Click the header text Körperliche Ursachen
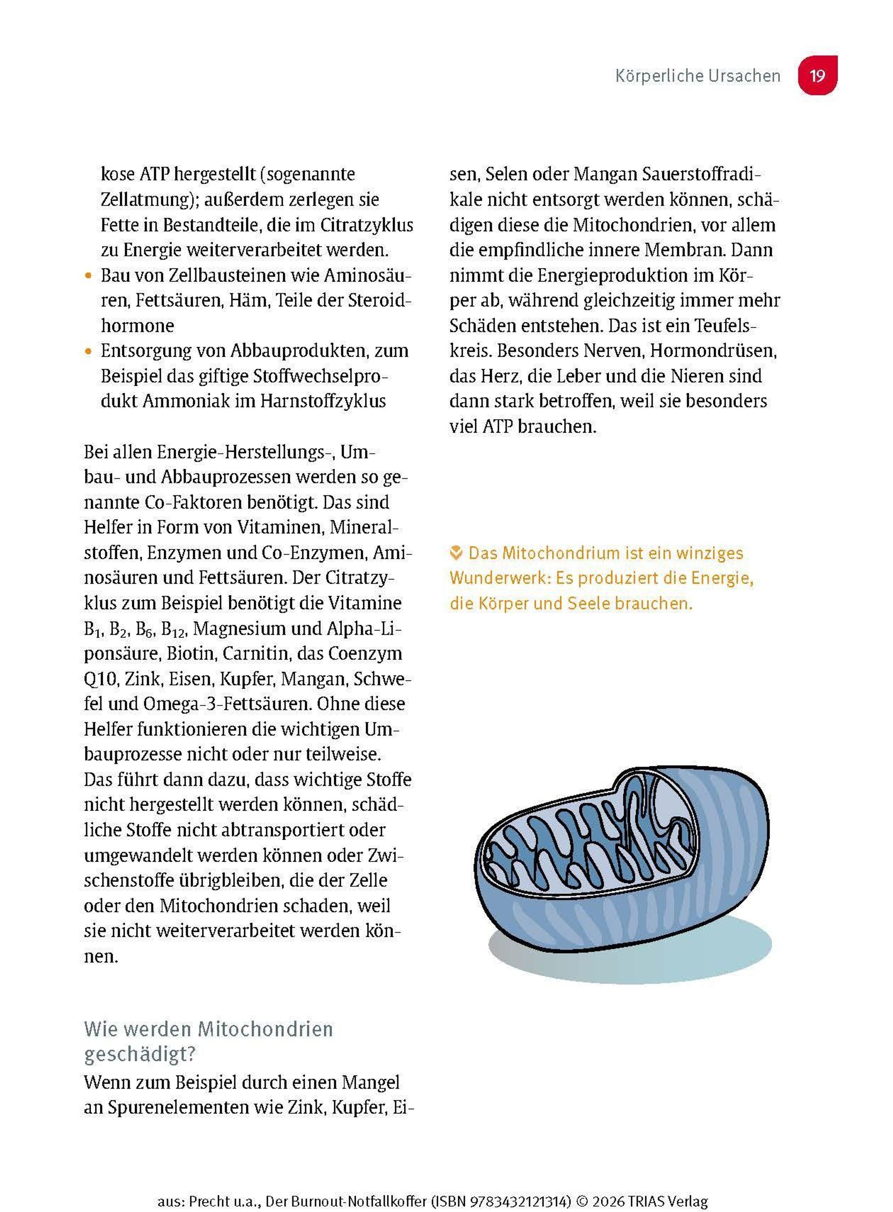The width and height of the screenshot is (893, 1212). [x=697, y=76]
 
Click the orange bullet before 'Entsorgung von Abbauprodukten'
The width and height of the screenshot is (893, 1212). [x=89, y=351]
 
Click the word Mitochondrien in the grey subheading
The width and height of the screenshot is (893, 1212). [x=265, y=1029]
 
